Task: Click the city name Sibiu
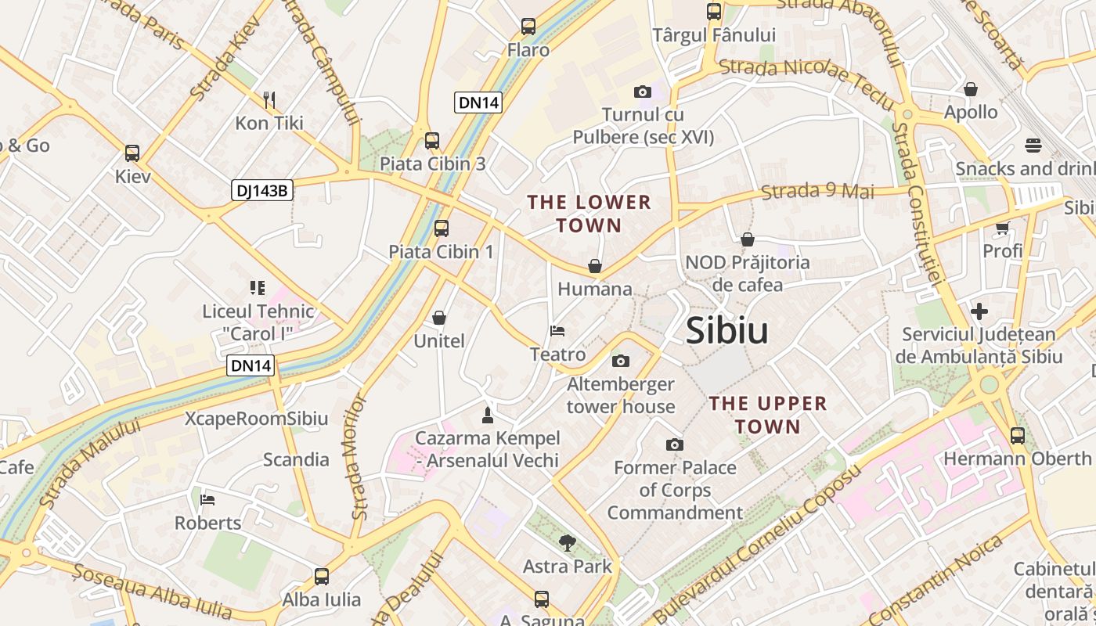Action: click(x=726, y=331)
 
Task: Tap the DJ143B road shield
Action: click(x=261, y=190)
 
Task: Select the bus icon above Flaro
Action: click(x=528, y=27)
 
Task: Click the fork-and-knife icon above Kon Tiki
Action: click(x=269, y=99)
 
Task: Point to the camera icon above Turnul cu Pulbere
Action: click(x=643, y=92)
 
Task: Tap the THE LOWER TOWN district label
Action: click(x=589, y=214)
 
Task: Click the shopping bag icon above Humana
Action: click(x=595, y=266)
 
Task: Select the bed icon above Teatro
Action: click(x=557, y=331)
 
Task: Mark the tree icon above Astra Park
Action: click(x=567, y=542)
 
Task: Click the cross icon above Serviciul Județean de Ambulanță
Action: click(x=979, y=311)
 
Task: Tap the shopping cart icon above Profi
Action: click(x=1002, y=228)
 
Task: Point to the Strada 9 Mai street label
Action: click(x=817, y=191)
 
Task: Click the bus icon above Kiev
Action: click(x=132, y=153)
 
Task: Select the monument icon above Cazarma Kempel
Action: click(x=487, y=415)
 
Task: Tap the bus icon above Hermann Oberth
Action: click(x=1017, y=435)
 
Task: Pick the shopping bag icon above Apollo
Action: click(x=971, y=89)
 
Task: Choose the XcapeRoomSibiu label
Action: click(x=256, y=418)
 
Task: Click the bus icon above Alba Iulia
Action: click(x=321, y=577)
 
